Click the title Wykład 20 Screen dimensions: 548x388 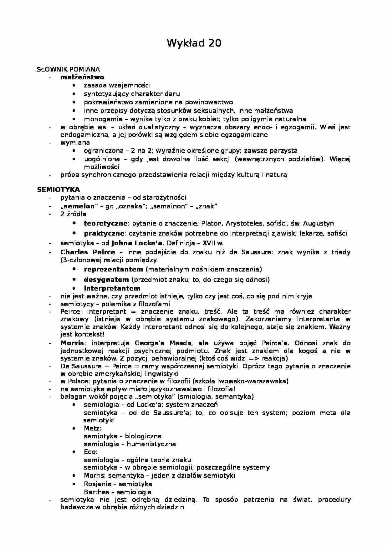pos(194,43)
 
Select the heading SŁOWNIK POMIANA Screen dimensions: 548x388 pos(68,69)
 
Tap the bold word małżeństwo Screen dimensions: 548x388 pos(82,77)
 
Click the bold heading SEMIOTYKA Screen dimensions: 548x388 pos(59,190)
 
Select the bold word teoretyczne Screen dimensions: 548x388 pos(105,223)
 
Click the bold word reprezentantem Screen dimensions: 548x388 pos(114,269)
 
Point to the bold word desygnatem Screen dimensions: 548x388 pos(106,280)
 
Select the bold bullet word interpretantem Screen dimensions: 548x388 pos(112,288)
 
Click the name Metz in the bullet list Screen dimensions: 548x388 pos(92,428)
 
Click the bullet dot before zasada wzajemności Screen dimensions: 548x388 pos(74,85)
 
